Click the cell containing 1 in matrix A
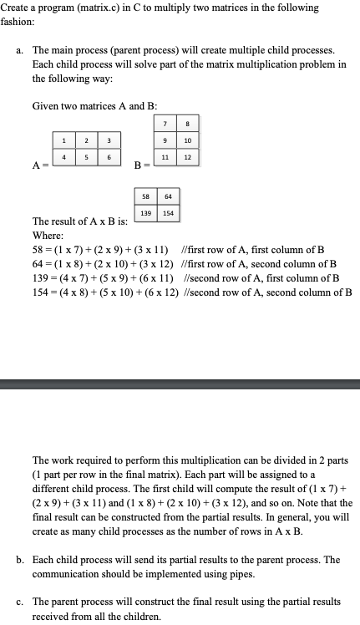[64, 139]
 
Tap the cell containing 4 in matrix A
[64, 157]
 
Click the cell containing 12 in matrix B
[187, 157]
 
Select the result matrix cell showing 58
[146, 198]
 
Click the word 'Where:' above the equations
[48, 236]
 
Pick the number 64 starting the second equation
[38, 263]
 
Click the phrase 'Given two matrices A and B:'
[94, 106]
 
